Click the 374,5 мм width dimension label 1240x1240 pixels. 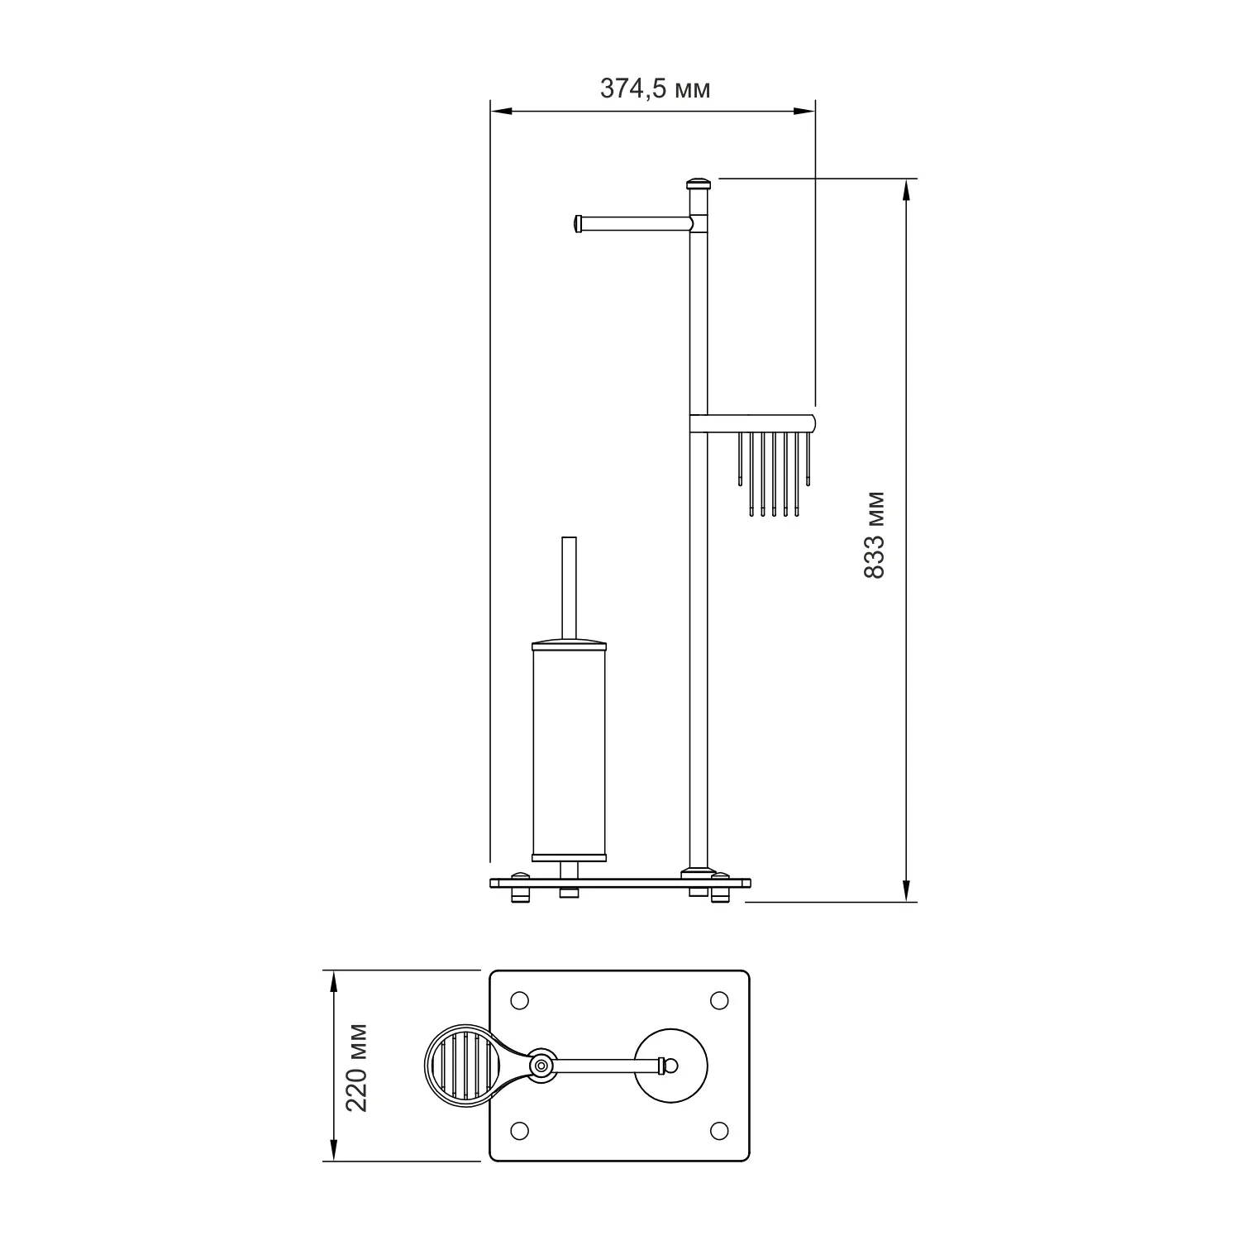point(655,88)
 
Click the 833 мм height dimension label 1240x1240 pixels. point(874,535)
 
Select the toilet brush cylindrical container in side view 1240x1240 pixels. point(570,749)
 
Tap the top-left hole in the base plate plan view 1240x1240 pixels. point(520,1000)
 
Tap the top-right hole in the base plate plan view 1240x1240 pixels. point(718,1000)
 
